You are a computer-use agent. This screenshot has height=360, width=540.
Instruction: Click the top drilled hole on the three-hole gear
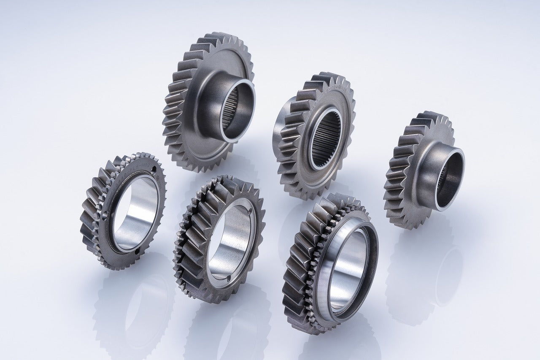click(x=153, y=170)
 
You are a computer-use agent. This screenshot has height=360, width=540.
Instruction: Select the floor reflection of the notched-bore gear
click(x=230, y=329)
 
